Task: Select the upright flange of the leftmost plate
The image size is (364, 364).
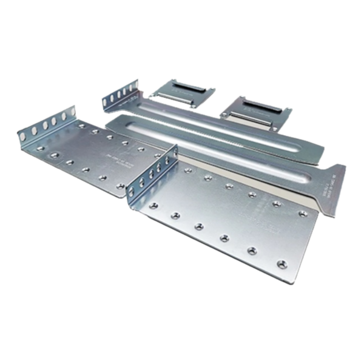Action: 49,124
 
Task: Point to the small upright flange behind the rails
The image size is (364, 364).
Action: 118,97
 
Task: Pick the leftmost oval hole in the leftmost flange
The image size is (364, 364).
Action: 24,135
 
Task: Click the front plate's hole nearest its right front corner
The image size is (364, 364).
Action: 280,264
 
